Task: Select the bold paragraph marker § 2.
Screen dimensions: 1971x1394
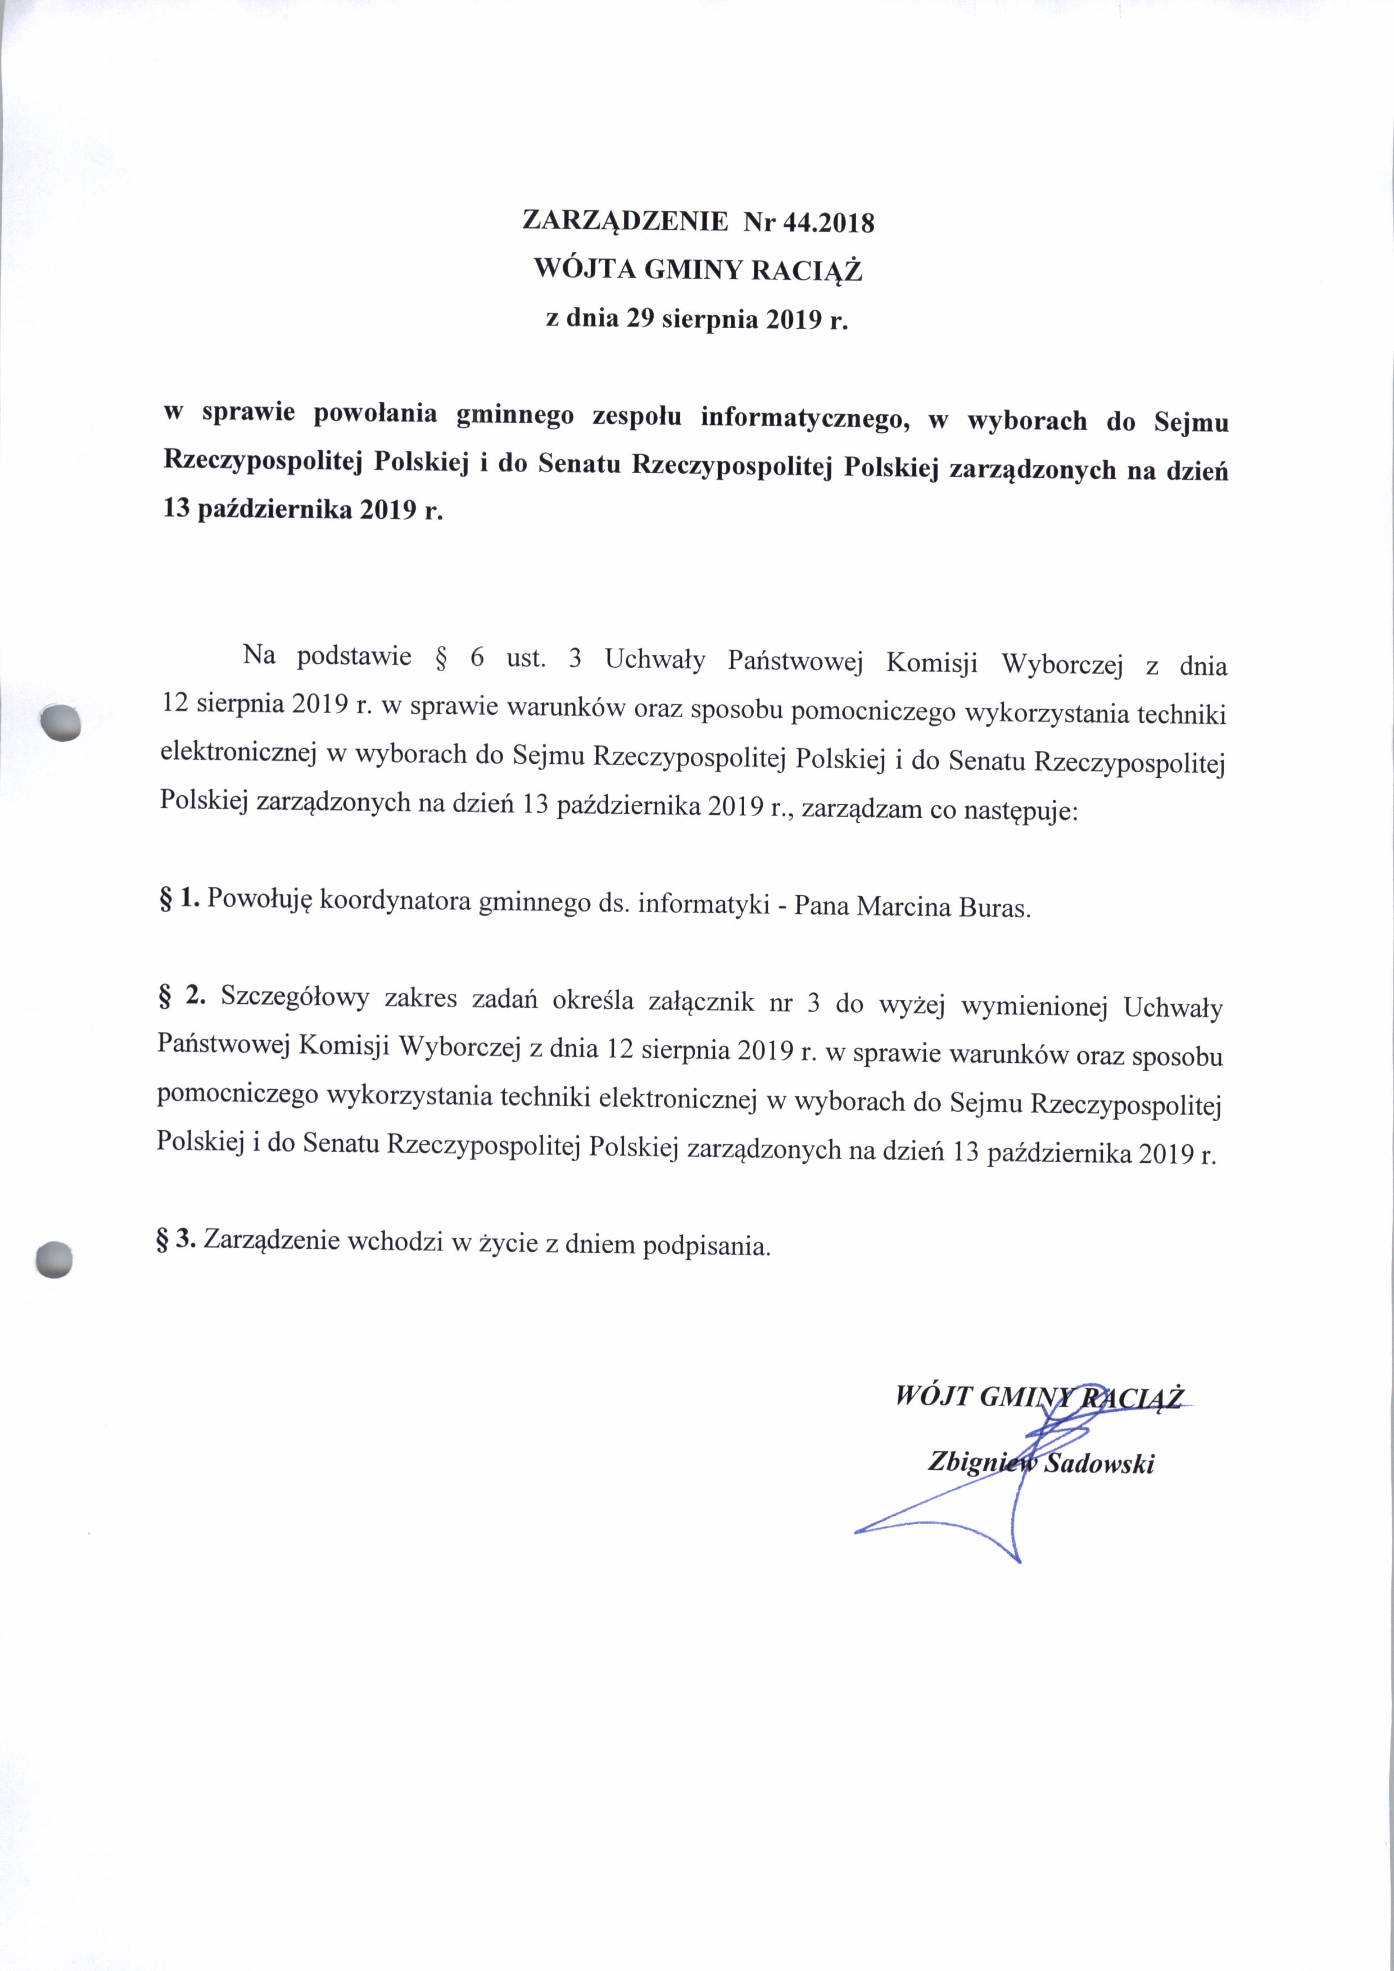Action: [183, 996]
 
